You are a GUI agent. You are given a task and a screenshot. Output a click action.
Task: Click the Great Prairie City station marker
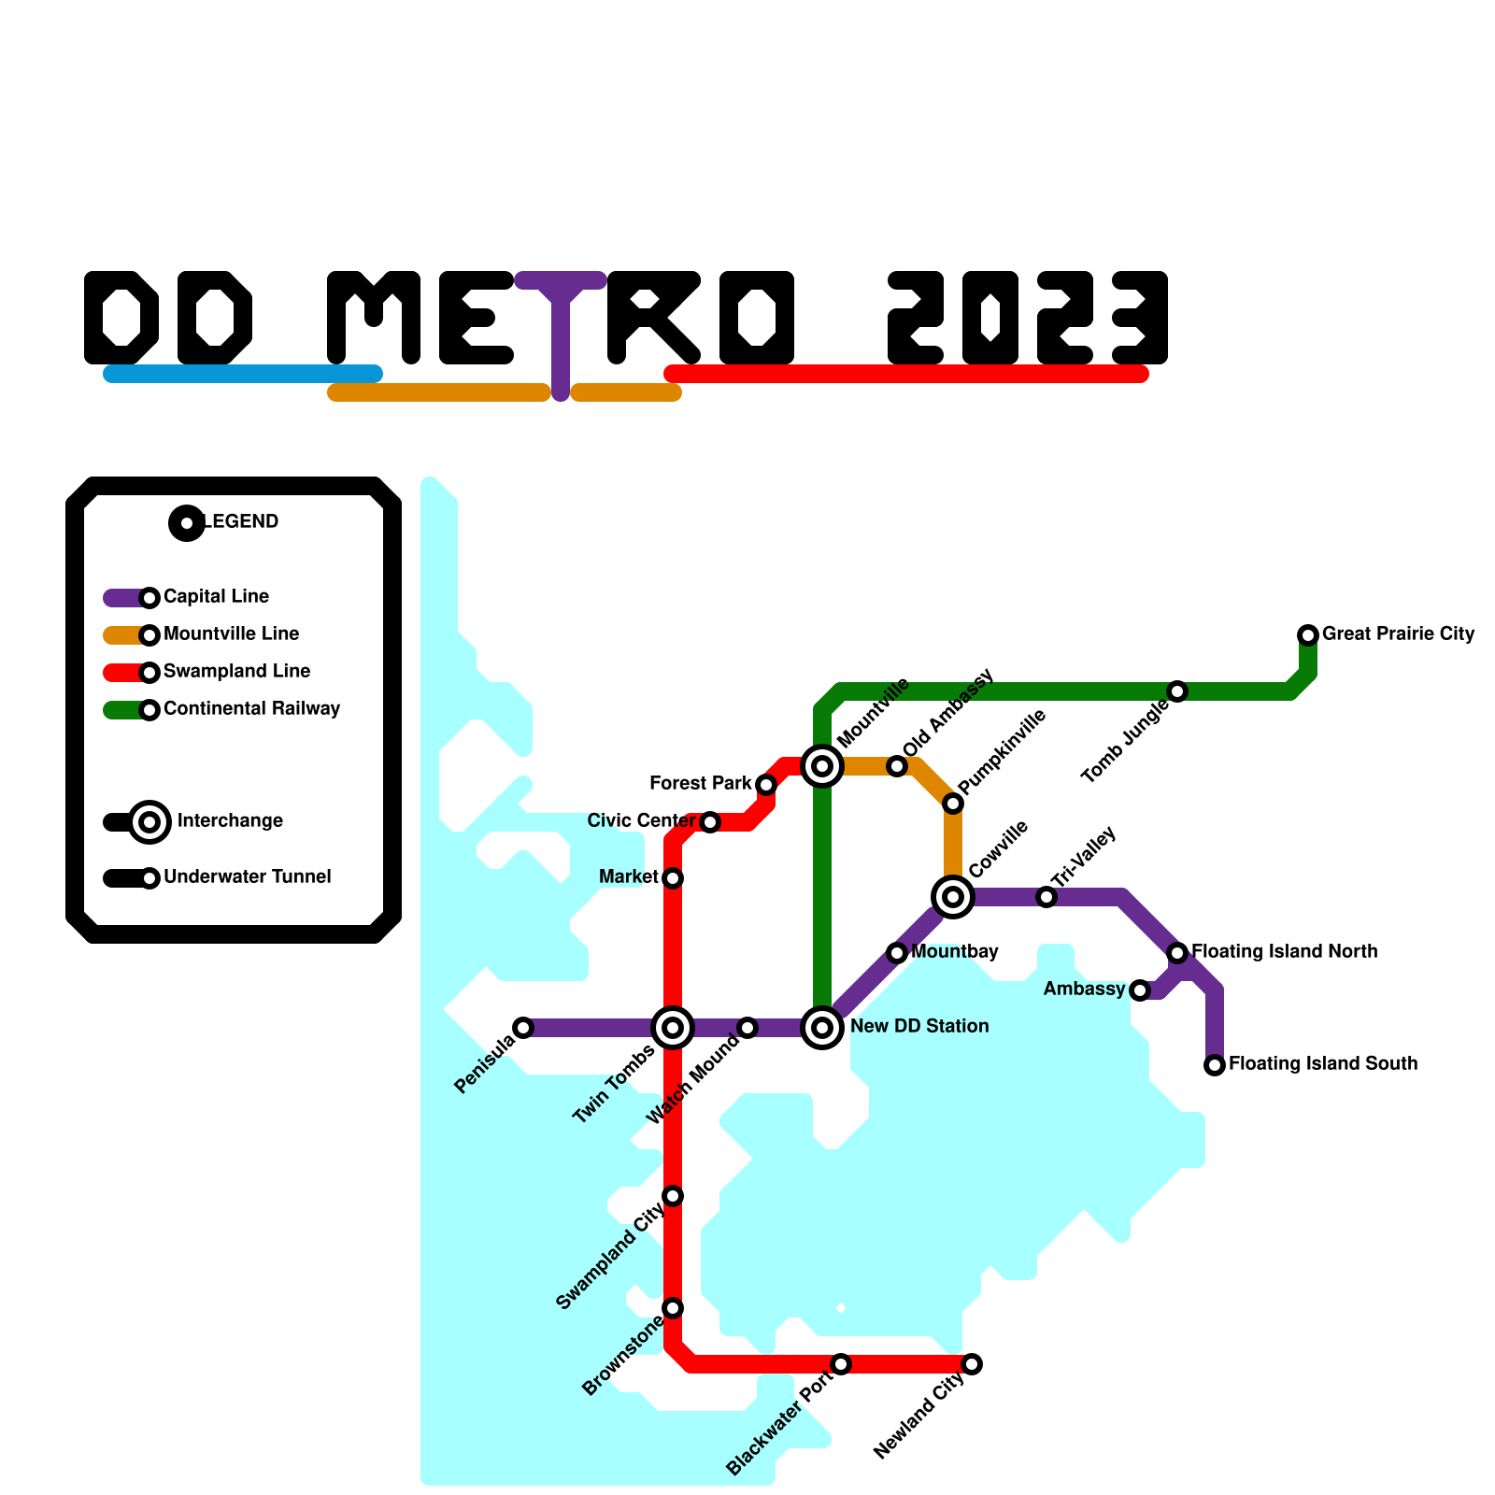tap(1308, 635)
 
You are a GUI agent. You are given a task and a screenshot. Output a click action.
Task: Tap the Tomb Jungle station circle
tap(1177, 691)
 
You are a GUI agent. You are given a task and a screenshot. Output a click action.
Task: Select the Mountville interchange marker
tap(822, 766)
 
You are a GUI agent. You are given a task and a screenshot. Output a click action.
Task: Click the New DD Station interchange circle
tap(822, 1028)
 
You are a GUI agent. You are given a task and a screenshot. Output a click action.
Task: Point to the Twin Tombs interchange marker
tap(673, 1028)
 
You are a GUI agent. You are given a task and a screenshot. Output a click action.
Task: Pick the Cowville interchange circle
tap(953, 897)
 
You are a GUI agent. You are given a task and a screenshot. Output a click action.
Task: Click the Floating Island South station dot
tap(1215, 1065)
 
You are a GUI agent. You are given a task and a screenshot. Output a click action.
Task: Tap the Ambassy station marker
tap(1140, 990)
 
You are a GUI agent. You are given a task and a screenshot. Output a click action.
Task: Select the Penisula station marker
tap(523, 1028)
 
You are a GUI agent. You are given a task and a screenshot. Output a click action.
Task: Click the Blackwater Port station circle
tap(841, 1364)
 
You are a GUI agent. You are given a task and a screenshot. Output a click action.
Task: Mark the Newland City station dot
tap(972, 1364)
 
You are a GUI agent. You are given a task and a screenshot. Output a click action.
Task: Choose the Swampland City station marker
tap(673, 1196)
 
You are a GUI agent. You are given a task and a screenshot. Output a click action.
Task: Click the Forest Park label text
tap(701, 783)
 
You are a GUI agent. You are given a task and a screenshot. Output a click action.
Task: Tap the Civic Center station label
tap(641, 820)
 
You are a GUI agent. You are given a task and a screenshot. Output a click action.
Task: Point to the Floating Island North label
tap(1284, 951)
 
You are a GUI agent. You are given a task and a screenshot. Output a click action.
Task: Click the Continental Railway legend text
tap(251, 708)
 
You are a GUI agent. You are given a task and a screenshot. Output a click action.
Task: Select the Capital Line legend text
tap(216, 596)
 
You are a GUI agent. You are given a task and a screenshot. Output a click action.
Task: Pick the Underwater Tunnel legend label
tap(247, 876)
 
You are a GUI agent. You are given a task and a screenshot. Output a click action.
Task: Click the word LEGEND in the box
tap(241, 521)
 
